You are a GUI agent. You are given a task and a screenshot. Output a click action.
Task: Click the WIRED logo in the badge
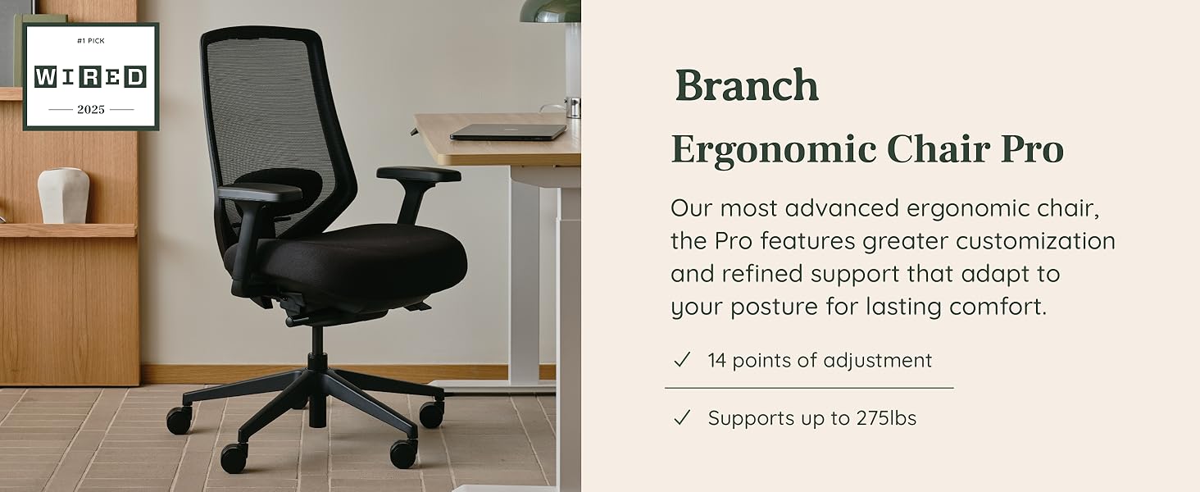pyautogui.click(x=90, y=77)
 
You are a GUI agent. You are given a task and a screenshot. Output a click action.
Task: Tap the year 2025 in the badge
pyautogui.click(x=90, y=109)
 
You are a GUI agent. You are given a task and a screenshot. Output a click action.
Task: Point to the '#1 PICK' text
pyautogui.click(x=90, y=40)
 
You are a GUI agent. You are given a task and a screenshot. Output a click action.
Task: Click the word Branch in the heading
pyautogui.click(x=747, y=86)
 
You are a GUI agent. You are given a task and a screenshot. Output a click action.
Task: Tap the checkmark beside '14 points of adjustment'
pyautogui.click(x=681, y=360)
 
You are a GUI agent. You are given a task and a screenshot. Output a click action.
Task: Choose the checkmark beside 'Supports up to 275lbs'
pyautogui.click(x=681, y=418)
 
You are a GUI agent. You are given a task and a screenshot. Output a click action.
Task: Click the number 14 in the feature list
pyautogui.click(x=717, y=360)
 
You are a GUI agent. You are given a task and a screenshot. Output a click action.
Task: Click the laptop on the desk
pyautogui.click(x=508, y=132)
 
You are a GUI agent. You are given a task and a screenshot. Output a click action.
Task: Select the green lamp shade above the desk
pyautogui.click(x=550, y=11)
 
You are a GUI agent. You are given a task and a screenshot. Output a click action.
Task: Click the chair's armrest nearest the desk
pyautogui.click(x=418, y=175)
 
